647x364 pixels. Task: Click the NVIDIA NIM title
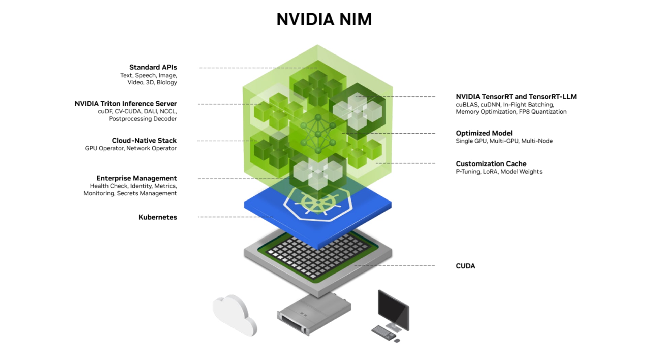324,19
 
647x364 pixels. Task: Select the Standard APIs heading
153,67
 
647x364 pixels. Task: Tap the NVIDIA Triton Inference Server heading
126,104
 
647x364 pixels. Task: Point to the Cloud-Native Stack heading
144,141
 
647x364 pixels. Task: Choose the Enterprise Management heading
136,178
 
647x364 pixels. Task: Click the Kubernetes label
158,217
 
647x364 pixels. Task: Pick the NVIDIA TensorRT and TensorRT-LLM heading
516,97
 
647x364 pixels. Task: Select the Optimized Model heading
484,133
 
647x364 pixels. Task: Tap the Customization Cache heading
491,164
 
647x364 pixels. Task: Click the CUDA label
465,266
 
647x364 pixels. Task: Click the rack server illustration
313,314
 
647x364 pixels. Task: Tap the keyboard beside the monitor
383,333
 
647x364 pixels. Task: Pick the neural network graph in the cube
318,134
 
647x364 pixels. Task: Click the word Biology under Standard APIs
166,82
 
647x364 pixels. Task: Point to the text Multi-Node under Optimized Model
537,141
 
